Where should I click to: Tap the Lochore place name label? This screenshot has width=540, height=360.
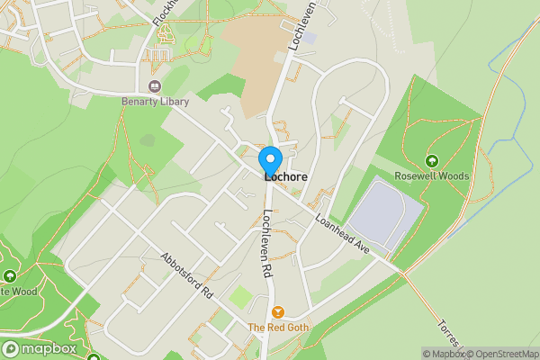pos(285,177)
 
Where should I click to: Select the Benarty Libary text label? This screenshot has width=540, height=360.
pos(155,102)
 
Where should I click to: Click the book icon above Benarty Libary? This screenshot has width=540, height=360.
pos(155,87)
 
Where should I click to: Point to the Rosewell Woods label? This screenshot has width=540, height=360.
pos(432,176)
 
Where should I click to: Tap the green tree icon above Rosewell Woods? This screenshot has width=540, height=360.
pos(432,161)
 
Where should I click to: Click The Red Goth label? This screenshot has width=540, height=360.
pos(278,328)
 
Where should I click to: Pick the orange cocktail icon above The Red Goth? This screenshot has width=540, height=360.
pos(278,311)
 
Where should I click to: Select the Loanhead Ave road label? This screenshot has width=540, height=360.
pos(343,232)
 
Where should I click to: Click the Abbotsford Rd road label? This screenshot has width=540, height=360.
pos(187,274)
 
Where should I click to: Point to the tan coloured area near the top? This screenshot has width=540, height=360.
pos(252,45)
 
